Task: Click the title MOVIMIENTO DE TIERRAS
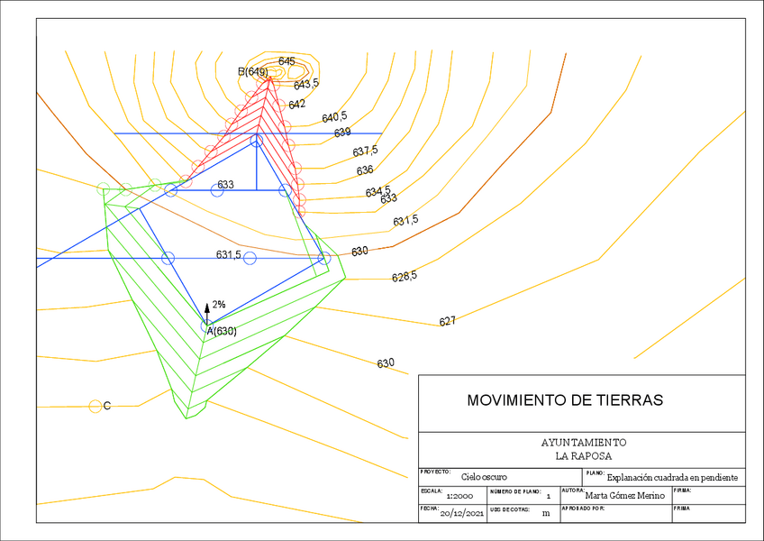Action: click(x=564, y=399)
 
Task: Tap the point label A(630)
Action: click(x=222, y=331)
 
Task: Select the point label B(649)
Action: click(x=253, y=71)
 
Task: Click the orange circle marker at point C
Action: click(x=95, y=406)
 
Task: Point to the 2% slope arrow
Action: click(x=207, y=309)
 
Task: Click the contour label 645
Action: click(x=286, y=61)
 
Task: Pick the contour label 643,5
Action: click(x=306, y=84)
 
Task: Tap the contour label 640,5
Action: click(x=334, y=117)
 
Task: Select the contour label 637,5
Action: click(x=365, y=151)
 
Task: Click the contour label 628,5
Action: click(x=405, y=276)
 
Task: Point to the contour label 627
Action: click(x=447, y=321)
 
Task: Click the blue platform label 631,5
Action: click(x=228, y=255)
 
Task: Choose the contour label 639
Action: click(x=342, y=133)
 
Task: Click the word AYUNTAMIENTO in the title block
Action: click(x=583, y=443)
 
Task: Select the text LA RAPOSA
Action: click(x=583, y=456)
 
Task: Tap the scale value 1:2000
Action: click(x=459, y=496)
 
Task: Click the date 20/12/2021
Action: click(x=463, y=513)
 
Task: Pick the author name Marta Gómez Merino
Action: click(x=624, y=495)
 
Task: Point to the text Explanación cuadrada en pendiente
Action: click(x=672, y=477)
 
